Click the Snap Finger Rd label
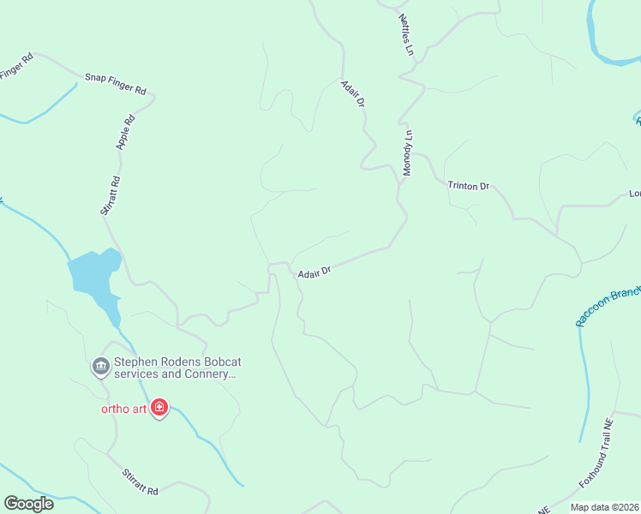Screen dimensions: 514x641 coord(116,83)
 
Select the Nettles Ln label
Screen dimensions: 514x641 coord(405,34)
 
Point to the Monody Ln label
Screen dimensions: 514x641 coord(408,152)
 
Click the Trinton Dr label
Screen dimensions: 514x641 coord(468,185)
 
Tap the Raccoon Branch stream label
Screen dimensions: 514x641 coord(608,306)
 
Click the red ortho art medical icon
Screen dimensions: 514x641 coord(159,407)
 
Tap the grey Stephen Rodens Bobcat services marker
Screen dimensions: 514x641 coord(100,367)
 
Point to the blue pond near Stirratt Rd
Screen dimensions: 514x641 coord(93,274)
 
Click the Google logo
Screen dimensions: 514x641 coord(28,504)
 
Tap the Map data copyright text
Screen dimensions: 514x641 coord(604,507)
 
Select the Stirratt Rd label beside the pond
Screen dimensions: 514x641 coord(110,195)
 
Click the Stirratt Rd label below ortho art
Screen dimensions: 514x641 coord(140,481)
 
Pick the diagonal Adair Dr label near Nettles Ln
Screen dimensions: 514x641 coord(353,94)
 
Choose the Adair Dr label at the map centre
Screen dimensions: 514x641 coord(315,272)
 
